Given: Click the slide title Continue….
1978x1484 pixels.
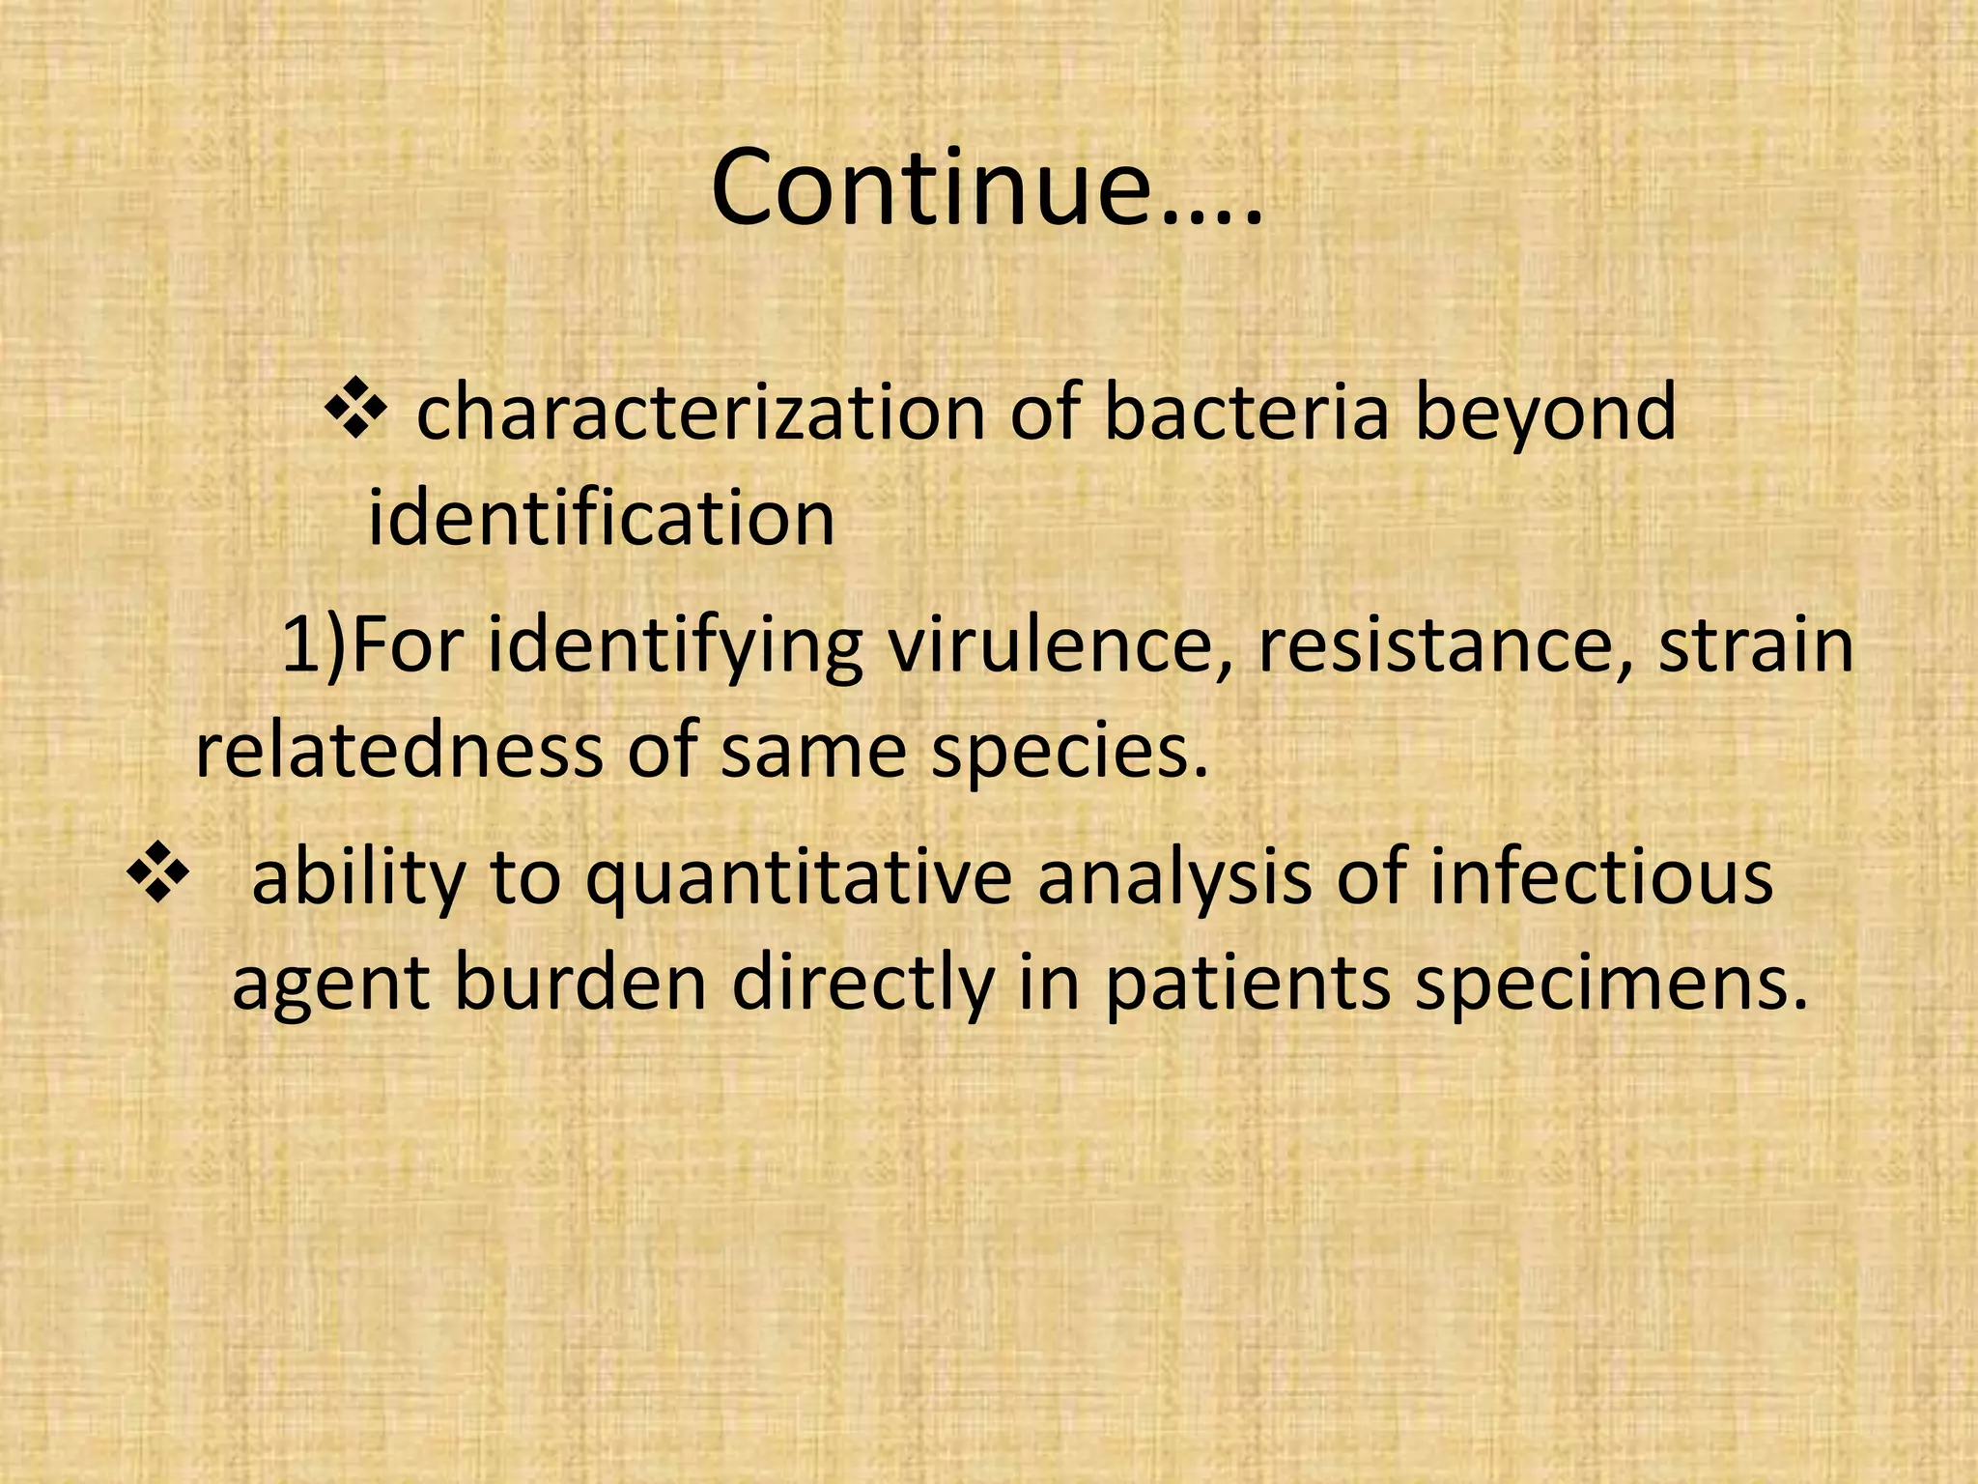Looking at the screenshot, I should (x=986, y=188).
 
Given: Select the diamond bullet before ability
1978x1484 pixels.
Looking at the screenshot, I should (x=157, y=874).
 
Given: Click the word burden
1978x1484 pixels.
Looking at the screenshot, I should (x=579, y=983).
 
